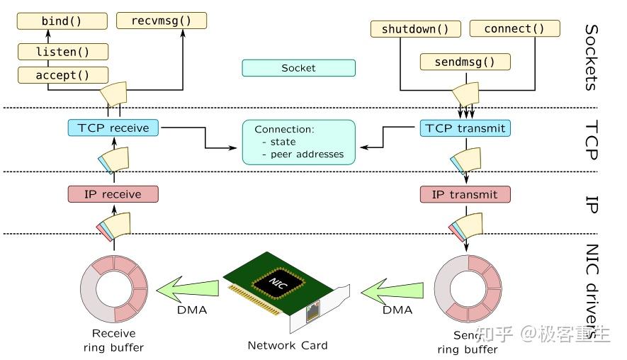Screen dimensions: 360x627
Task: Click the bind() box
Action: click(x=62, y=21)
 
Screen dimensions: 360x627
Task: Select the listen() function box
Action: click(x=62, y=51)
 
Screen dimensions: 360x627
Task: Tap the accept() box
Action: click(x=62, y=74)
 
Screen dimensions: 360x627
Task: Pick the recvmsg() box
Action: click(x=161, y=21)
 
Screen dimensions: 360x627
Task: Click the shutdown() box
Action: click(x=415, y=29)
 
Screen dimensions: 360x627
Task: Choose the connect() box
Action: click(x=514, y=29)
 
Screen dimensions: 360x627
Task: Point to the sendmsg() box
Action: click(x=465, y=62)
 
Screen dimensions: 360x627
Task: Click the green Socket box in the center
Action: click(x=298, y=68)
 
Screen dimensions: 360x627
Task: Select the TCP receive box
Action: click(x=113, y=128)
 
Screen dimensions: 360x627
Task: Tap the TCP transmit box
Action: click(x=465, y=128)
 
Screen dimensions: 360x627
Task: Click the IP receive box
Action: click(x=113, y=194)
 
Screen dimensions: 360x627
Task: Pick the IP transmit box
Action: click(x=465, y=194)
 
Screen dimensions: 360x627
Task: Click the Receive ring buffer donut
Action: click(x=113, y=291)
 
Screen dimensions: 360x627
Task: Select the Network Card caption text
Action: click(x=287, y=345)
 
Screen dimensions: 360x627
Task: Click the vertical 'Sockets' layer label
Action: click(x=592, y=58)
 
